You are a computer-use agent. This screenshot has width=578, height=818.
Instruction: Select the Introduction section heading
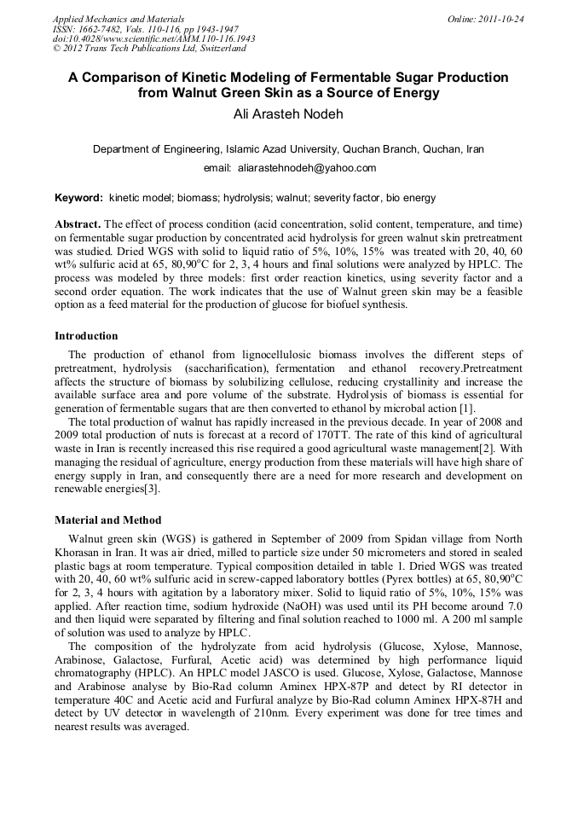click(x=86, y=336)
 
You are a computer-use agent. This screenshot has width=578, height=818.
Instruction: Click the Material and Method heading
click(x=107, y=519)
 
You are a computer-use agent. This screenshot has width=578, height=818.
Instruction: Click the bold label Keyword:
click(x=79, y=198)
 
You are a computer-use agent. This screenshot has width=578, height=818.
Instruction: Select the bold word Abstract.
click(x=77, y=223)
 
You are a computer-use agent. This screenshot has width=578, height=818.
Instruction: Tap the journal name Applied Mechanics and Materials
click(x=118, y=18)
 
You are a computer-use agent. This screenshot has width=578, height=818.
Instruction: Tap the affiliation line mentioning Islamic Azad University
click(x=288, y=148)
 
